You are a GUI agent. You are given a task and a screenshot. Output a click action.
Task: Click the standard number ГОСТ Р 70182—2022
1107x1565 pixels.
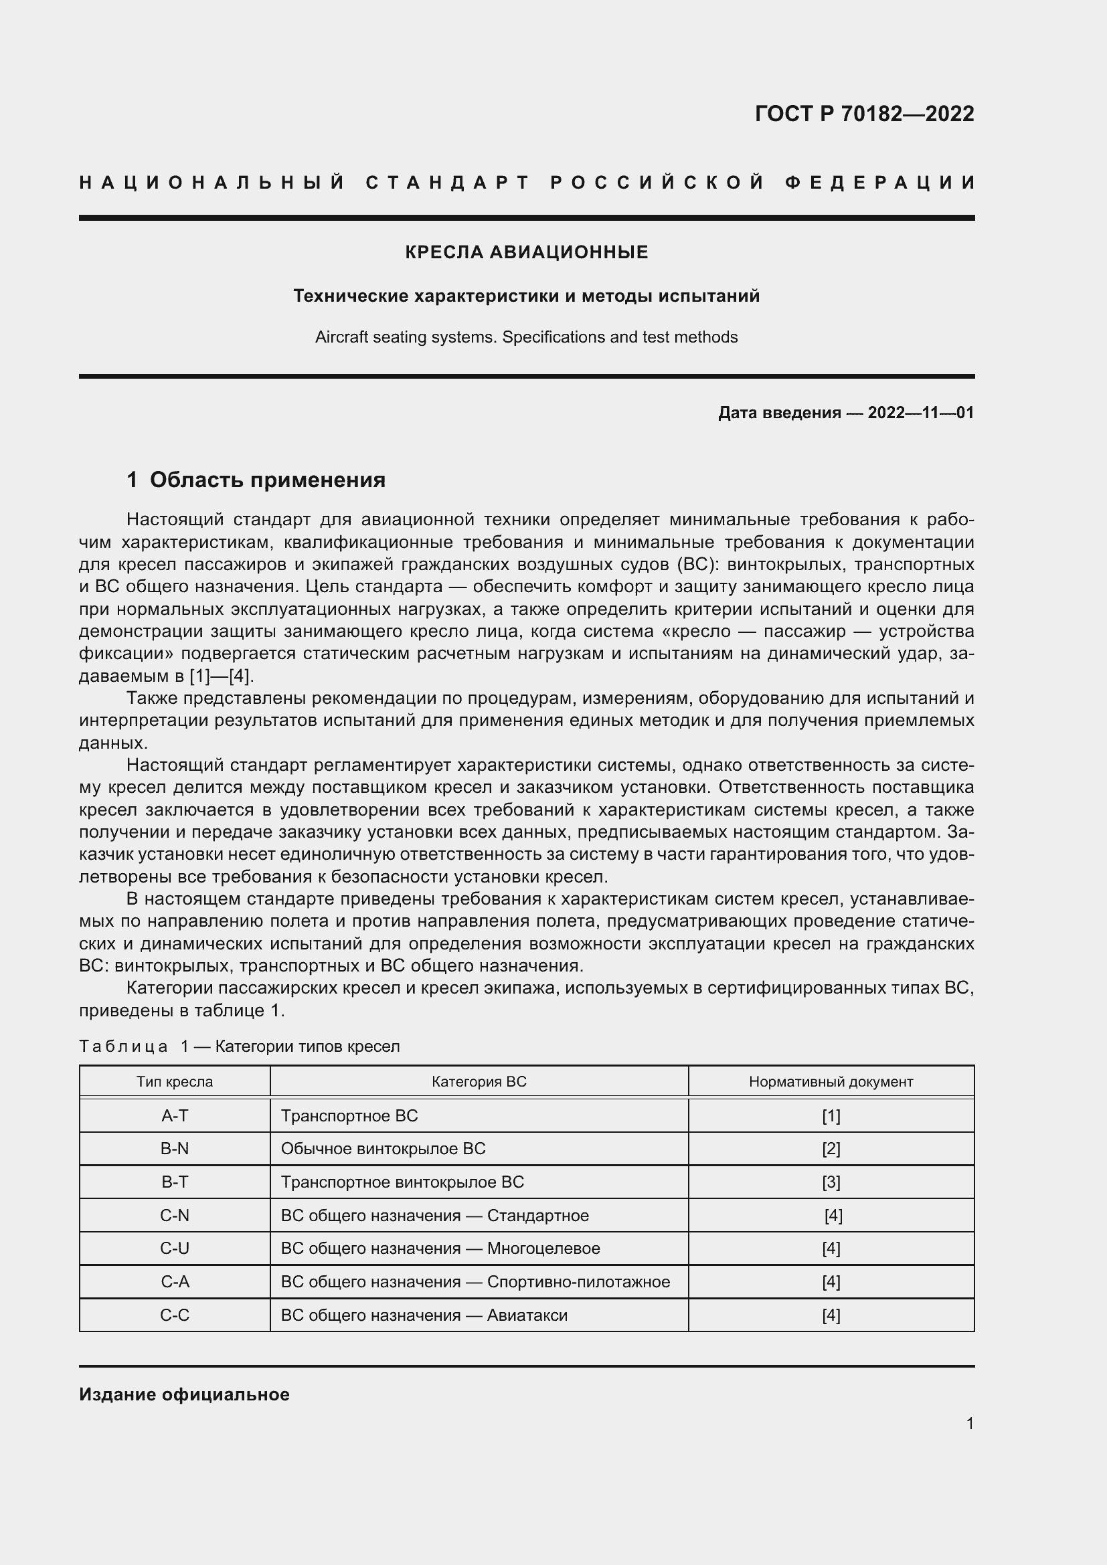point(863,114)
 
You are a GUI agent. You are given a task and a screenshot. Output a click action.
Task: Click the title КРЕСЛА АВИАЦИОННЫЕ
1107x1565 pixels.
point(526,253)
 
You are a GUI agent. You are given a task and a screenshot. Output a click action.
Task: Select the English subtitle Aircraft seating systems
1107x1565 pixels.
point(526,337)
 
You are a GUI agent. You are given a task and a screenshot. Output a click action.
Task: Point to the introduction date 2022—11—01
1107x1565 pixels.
point(920,413)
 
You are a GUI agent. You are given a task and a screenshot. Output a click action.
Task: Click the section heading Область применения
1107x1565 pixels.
point(267,480)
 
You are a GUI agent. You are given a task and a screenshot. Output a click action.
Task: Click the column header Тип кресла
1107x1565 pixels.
point(175,1082)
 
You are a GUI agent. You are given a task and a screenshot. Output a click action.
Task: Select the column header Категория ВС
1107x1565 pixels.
point(479,1082)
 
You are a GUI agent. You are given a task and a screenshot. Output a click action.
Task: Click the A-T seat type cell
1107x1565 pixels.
point(175,1116)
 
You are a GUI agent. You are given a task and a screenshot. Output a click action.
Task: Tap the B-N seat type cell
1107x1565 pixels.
point(175,1149)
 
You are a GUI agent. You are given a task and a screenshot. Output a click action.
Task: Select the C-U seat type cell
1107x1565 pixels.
point(175,1248)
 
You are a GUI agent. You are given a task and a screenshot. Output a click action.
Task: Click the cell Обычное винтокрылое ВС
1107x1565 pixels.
point(383,1149)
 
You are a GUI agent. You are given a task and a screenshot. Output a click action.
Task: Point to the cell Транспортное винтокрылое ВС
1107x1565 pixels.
point(402,1182)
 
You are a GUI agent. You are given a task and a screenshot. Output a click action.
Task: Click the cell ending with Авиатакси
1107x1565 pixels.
point(424,1315)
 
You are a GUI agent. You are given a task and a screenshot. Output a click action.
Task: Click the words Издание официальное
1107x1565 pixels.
point(184,1394)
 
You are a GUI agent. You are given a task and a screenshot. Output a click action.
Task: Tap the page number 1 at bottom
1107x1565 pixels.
point(969,1423)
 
